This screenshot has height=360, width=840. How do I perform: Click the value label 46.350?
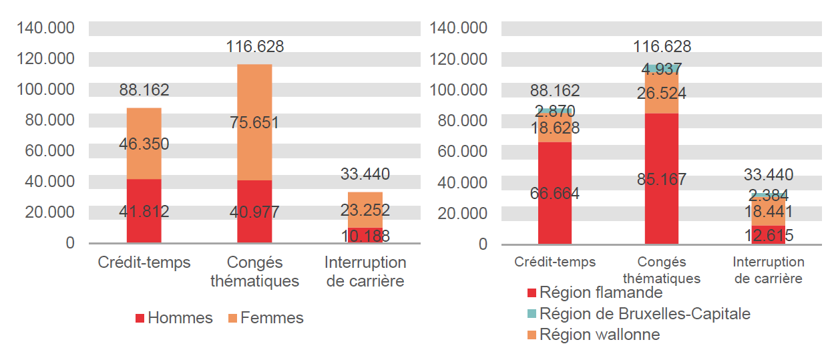tap(144, 144)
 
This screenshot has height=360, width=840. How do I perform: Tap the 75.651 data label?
tap(254, 123)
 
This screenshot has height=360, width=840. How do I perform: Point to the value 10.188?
tap(365, 236)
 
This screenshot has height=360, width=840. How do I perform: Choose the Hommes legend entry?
tap(174, 319)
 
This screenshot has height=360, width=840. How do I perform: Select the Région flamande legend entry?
tap(594, 293)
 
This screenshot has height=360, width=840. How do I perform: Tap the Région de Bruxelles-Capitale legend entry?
tap(638, 314)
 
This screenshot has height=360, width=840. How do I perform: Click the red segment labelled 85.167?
tap(661, 200)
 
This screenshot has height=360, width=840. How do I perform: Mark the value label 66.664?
tap(555, 194)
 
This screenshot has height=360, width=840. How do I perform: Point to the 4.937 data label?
tap(661, 69)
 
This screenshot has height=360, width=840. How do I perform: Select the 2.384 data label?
tap(768, 196)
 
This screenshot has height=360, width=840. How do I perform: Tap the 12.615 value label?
tap(768, 236)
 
